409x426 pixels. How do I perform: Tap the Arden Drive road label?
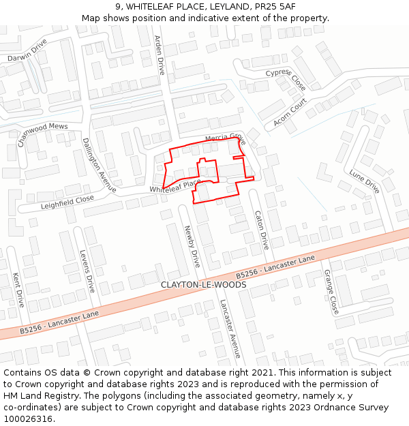[160, 55]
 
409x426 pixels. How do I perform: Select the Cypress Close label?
[286, 79]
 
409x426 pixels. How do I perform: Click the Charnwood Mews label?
[42, 134]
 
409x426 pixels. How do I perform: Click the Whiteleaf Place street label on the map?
[176, 185]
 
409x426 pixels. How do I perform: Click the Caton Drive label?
[262, 230]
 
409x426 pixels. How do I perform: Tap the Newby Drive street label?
[192, 246]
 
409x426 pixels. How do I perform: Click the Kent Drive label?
[18, 290]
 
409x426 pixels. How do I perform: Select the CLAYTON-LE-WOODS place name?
[203, 284]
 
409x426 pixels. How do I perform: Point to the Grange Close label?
[331, 291]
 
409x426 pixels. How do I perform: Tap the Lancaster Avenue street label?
[230, 328]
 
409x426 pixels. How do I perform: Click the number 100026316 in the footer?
[29, 419]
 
